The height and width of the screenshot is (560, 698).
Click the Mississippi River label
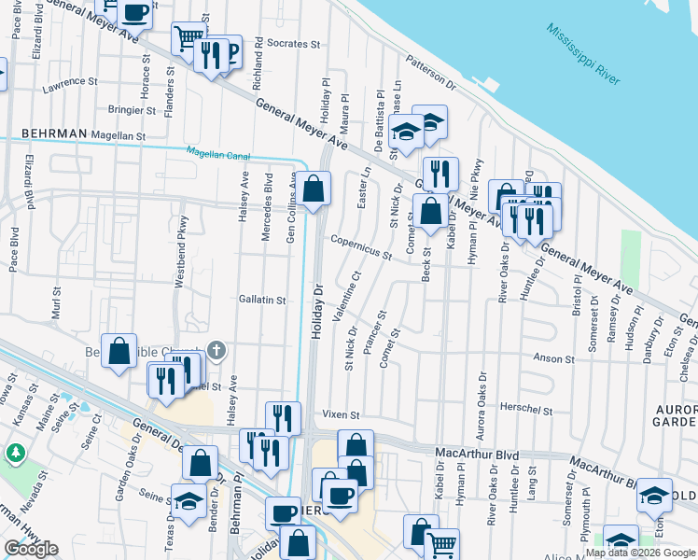click(585, 55)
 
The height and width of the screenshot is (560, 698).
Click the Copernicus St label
click(360, 247)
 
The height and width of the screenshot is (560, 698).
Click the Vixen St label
click(341, 413)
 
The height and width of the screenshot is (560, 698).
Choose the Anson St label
click(553, 358)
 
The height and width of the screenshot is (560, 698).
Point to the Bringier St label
click(132, 110)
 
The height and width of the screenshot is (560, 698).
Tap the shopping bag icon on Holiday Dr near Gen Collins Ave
click(315, 189)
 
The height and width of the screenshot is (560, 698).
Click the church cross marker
click(216, 351)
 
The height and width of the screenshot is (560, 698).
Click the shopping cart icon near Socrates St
click(188, 38)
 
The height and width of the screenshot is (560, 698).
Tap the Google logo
click(30, 549)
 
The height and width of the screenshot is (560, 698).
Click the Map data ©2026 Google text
click(639, 553)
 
